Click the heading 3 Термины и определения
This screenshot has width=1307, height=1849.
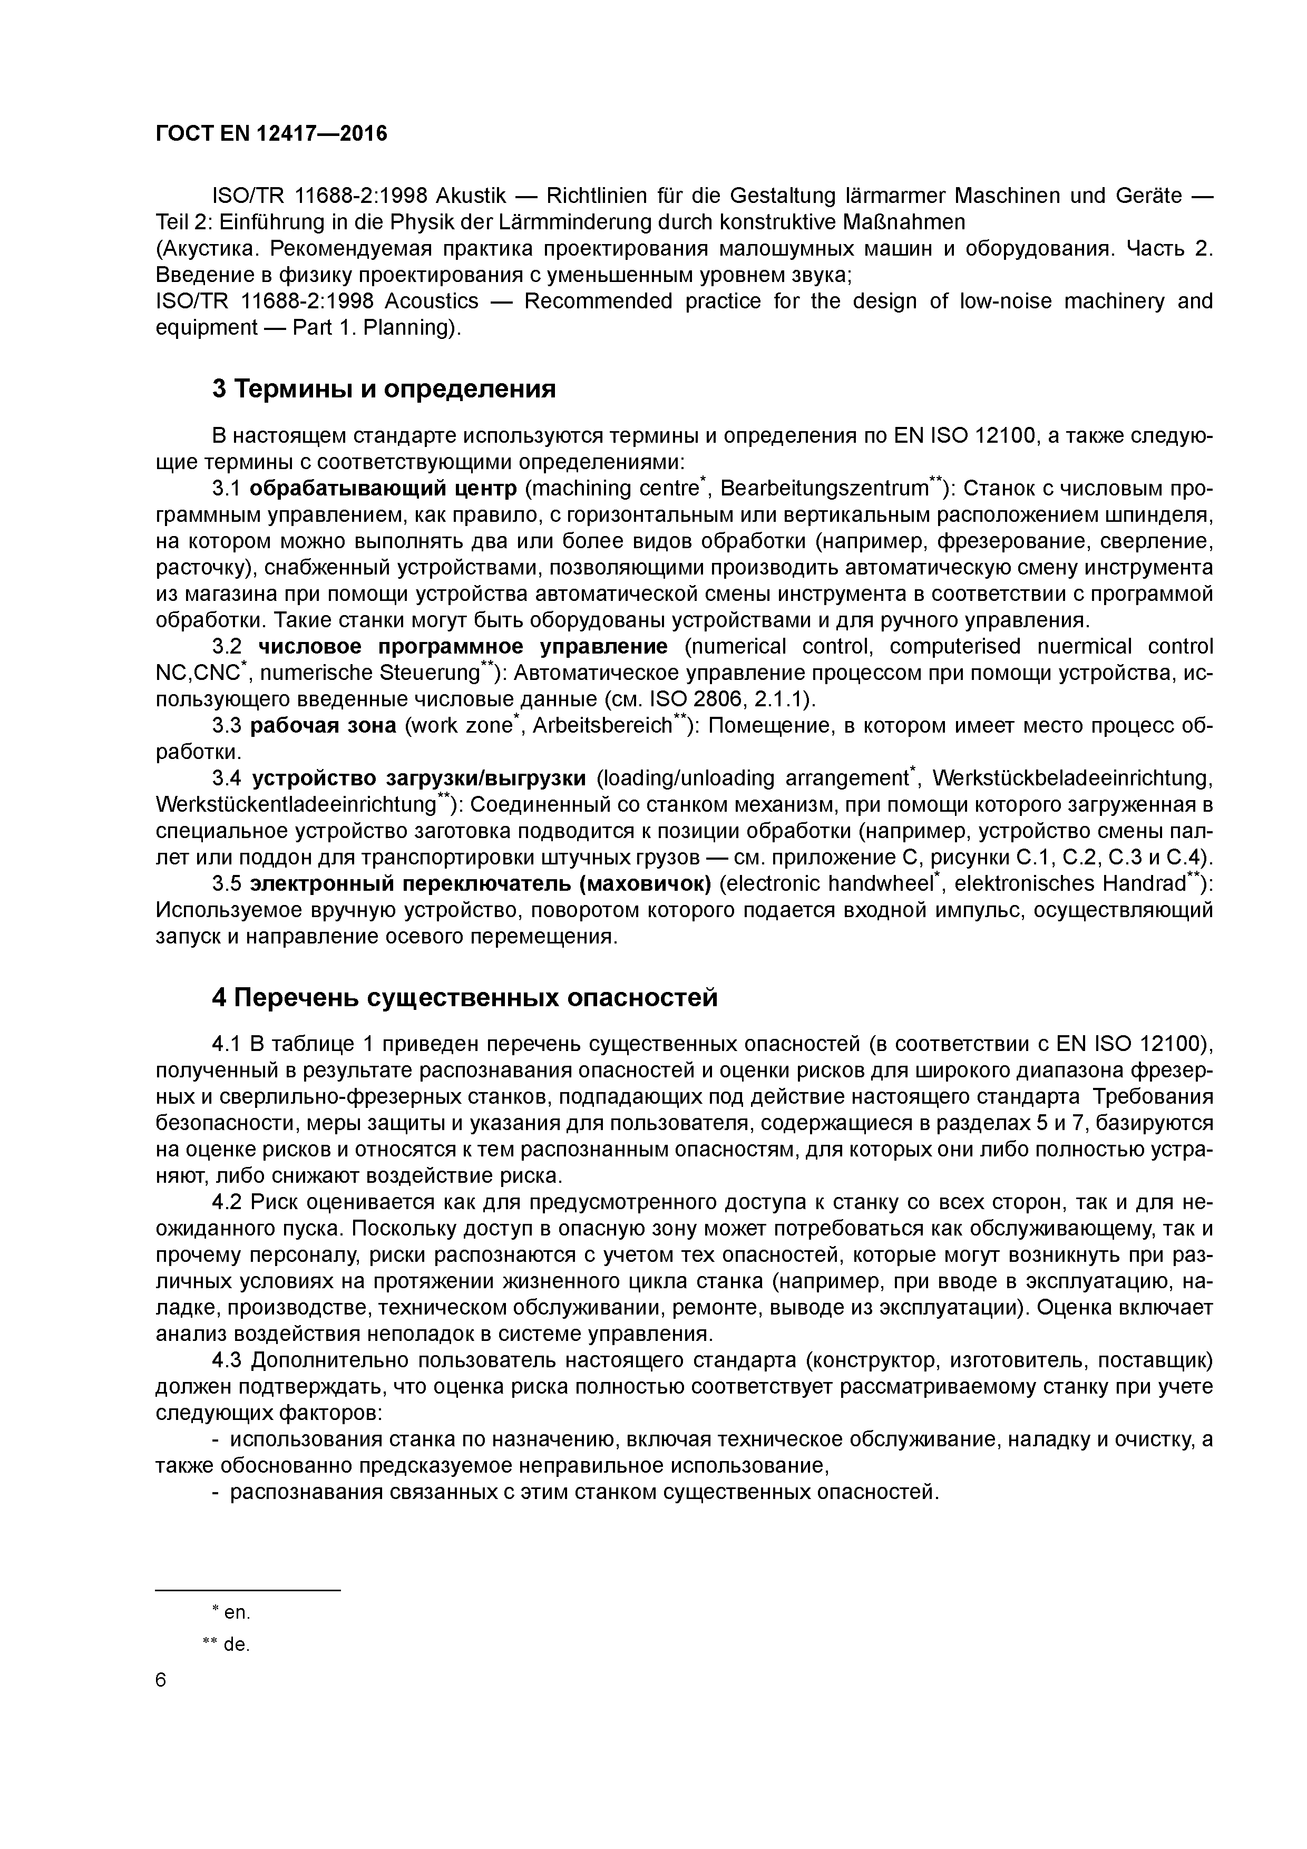point(383,389)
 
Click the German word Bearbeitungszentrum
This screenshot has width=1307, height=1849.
point(824,489)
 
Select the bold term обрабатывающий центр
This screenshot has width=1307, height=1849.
point(383,489)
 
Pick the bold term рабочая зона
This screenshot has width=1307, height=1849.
point(323,726)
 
